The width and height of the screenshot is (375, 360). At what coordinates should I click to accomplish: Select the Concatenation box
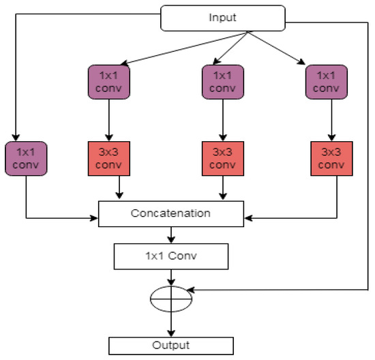pos(170,213)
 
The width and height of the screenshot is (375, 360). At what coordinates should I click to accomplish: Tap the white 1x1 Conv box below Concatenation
pos(170,256)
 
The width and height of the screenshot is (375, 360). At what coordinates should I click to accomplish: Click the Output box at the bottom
pos(170,345)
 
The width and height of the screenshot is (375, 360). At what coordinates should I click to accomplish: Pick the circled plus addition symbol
pos(170,298)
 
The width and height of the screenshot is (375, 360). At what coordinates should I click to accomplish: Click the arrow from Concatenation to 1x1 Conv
pos(170,235)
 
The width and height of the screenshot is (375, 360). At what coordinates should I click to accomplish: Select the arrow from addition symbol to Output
pos(170,324)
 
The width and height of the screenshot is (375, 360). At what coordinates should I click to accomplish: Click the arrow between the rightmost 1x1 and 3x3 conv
pos(330,123)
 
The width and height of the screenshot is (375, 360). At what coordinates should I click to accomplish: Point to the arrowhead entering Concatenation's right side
pos(247,219)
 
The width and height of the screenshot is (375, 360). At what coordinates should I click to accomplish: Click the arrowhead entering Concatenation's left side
pos(95,219)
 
